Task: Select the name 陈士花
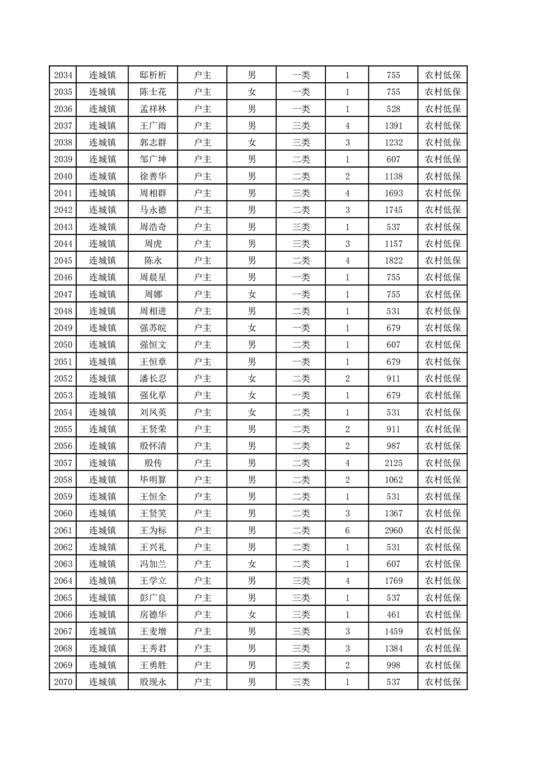(x=153, y=92)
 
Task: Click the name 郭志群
(x=153, y=142)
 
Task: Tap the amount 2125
(x=393, y=463)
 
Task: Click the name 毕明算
(x=153, y=480)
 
